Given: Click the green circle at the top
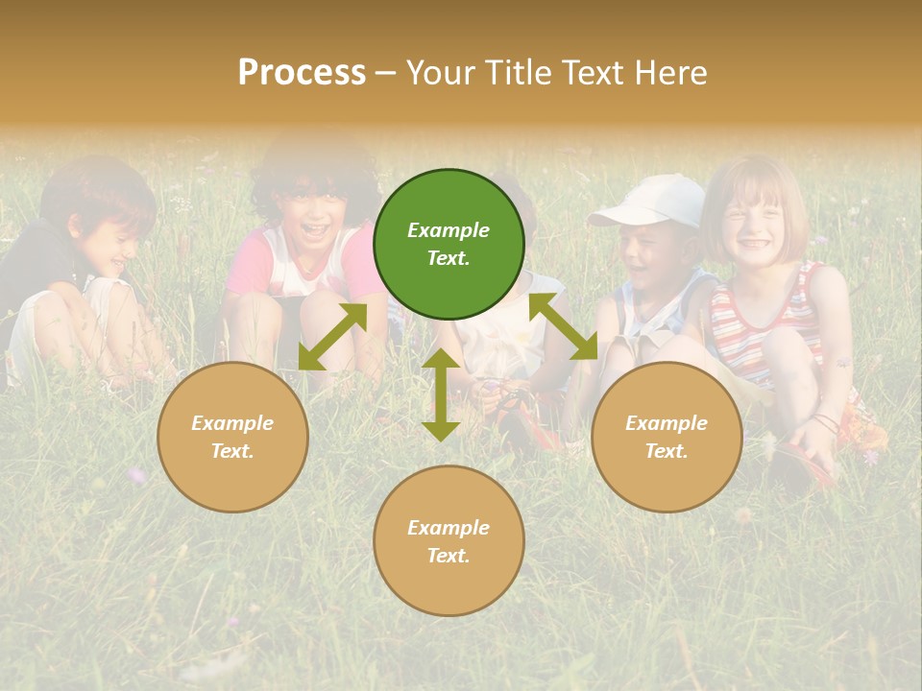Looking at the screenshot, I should coord(449,245).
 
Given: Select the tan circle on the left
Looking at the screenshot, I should coord(232,437).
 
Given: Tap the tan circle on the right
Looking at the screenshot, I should coord(667,437).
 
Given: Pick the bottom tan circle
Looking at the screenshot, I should coord(449,541).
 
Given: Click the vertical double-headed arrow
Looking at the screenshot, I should coord(441,394).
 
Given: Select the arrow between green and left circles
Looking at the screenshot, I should coord(332,337).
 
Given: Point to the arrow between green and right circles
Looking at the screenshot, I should coord(563,326).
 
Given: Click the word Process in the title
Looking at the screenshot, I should coord(302,72).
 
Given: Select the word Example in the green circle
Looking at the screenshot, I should coord(449,230).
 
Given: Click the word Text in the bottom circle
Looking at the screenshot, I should coord(449,556).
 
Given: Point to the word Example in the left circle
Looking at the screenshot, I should coord(232,423).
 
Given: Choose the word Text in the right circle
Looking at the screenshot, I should coord(667,451).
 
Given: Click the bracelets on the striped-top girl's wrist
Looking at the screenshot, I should coord(824,422).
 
